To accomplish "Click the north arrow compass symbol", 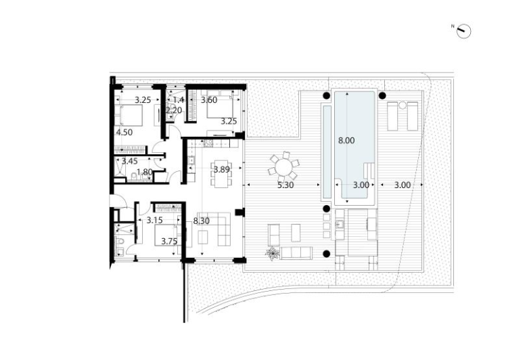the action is coord(464,31).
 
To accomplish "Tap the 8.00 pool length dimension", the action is coord(346,141).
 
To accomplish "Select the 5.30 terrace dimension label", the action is coord(286,185).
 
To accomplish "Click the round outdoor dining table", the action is coord(283,166).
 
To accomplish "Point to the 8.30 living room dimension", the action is coord(202,221).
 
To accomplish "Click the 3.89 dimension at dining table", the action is coord(222,170).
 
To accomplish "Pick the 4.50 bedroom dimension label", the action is coord(124,133).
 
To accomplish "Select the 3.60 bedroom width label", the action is coord(209,100).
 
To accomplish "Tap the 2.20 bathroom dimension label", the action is coord(174,110).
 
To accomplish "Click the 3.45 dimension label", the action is coord(130,162).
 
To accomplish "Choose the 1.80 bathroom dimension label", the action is coord(145,173).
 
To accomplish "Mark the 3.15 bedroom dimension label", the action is coord(155,221).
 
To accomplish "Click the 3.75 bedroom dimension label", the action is coord(169,242).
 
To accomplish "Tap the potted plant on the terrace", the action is coord(273,254).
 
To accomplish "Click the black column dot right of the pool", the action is coord(382,96).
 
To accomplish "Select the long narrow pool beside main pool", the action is coord(327,152).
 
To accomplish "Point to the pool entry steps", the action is coord(369,170).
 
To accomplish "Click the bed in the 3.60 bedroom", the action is coord(220,104).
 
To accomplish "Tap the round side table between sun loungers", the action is coord(403,106).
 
